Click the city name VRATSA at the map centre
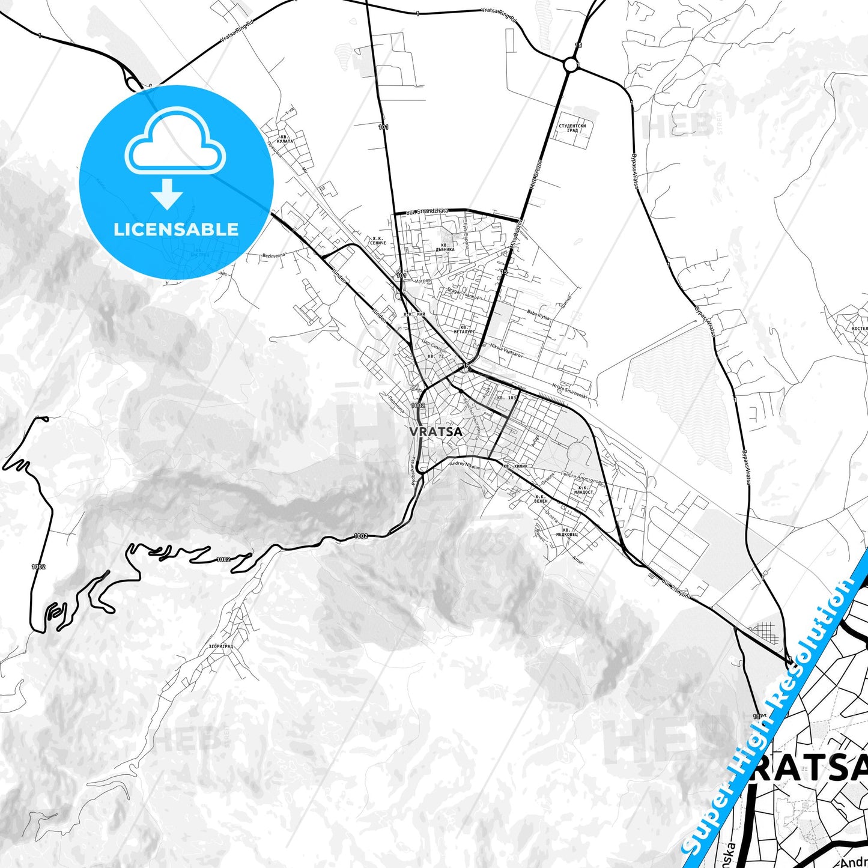(x=436, y=431)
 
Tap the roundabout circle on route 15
(x=570, y=64)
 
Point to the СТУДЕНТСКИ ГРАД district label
(x=572, y=128)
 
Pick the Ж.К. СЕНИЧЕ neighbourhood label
(x=378, y=240)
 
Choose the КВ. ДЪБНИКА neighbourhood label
(x=445, y=247)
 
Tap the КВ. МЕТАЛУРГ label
(x=464, y=329)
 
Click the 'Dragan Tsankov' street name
(x=463, y=293)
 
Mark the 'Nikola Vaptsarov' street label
(x=506, y=351)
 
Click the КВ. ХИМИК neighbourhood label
(x=515, y=466)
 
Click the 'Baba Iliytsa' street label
(x=538, y=314)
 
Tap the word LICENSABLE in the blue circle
(x=176, y=229)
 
